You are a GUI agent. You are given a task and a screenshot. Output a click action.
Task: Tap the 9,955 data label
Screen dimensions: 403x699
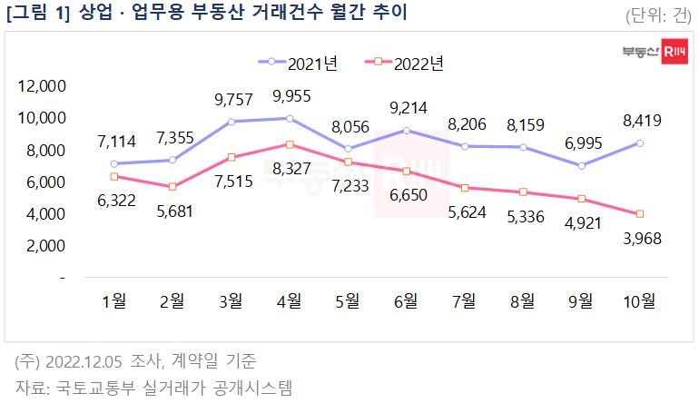click(x=289, y=96)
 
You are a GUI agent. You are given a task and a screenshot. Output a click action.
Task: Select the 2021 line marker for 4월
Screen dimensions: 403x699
click(x=289, y=118)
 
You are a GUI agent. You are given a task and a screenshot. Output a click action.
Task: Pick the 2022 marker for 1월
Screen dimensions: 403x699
click(x=113, y=176)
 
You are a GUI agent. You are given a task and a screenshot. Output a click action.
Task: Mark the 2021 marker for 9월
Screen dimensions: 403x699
click(x=581, y=165)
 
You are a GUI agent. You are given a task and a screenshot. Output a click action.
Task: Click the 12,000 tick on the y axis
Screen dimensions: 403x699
click(x=43, y=86)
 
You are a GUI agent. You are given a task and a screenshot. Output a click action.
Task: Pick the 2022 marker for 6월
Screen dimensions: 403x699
click(x=406, y=171)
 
